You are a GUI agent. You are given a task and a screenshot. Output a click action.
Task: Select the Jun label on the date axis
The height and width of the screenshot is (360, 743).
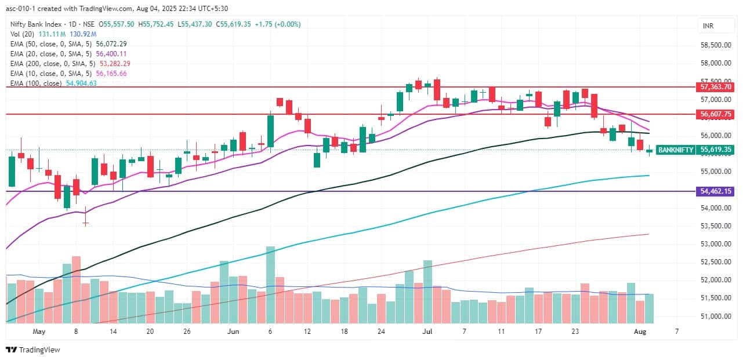click(x=233, y=332)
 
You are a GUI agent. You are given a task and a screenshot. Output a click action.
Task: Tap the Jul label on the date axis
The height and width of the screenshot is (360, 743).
click(x=428, y=332)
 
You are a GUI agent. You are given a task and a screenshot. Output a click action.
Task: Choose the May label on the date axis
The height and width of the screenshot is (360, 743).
click(x=39, y=332)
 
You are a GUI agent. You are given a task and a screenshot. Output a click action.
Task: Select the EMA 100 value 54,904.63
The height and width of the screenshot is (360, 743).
click(x=78, y=83)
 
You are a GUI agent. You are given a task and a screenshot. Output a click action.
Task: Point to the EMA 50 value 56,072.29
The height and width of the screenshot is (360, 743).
click(x=108, y=43)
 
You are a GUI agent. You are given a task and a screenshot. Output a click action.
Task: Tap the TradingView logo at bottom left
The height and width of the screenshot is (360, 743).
click(x=33, y=350)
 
